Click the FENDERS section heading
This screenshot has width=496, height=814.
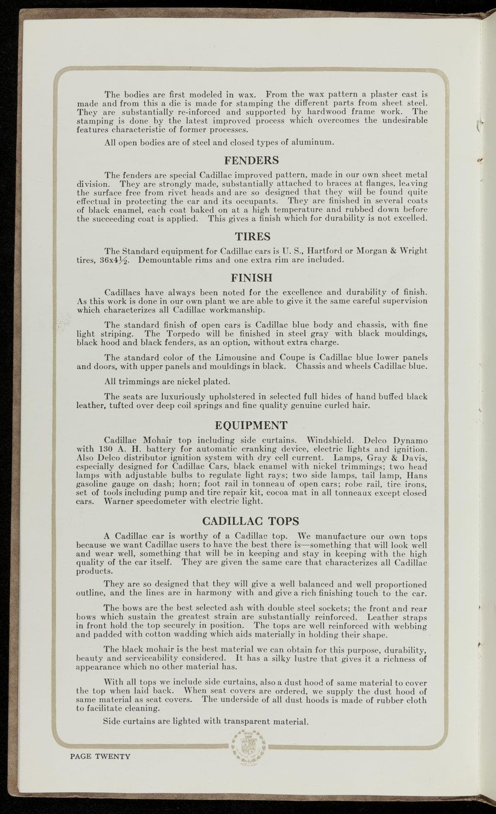(x=251, y=160)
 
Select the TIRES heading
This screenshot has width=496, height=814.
(x=253, y=236)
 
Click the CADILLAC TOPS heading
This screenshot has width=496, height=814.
(x=252, y=520)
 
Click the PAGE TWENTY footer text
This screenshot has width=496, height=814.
(x=100, y=757)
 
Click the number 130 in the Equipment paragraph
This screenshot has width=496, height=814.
(x=108, y=449)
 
